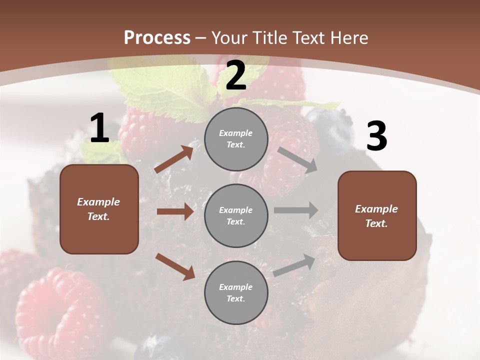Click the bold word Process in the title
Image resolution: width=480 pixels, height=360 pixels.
tap(157, 37)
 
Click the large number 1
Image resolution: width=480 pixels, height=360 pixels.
tap(99, 128)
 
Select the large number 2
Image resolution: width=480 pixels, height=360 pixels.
tap(236, 75)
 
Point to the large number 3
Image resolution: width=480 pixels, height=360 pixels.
tap(376, 136)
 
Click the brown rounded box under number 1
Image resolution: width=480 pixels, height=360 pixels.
tap(99, 209)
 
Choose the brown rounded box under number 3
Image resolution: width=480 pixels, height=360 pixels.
tap(377, 215)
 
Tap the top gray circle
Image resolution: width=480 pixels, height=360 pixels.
tap(236, 139)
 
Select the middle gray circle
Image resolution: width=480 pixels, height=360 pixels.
tap(236, 215)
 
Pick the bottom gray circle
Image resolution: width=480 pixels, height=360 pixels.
tap(236, 292)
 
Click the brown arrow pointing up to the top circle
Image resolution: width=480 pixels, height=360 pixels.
tap(174, 159)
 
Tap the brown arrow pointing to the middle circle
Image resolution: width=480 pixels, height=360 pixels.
tap(175, 211)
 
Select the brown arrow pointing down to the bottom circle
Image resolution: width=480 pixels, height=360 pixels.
tap(175, 266)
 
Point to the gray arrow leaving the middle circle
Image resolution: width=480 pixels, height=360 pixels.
tap(296, 210)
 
